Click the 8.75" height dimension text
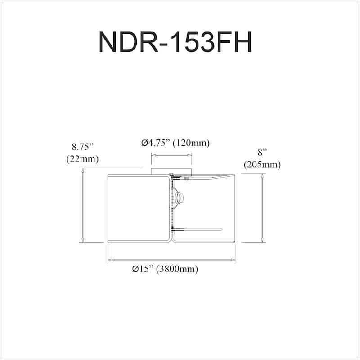tap(82, 147)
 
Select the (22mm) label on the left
tap(82, 158)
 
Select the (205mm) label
tap(262, 165)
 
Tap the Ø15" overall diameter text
tap(144, 269)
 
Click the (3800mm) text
tap(177, 269)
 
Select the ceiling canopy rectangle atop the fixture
tap(171, 171)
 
